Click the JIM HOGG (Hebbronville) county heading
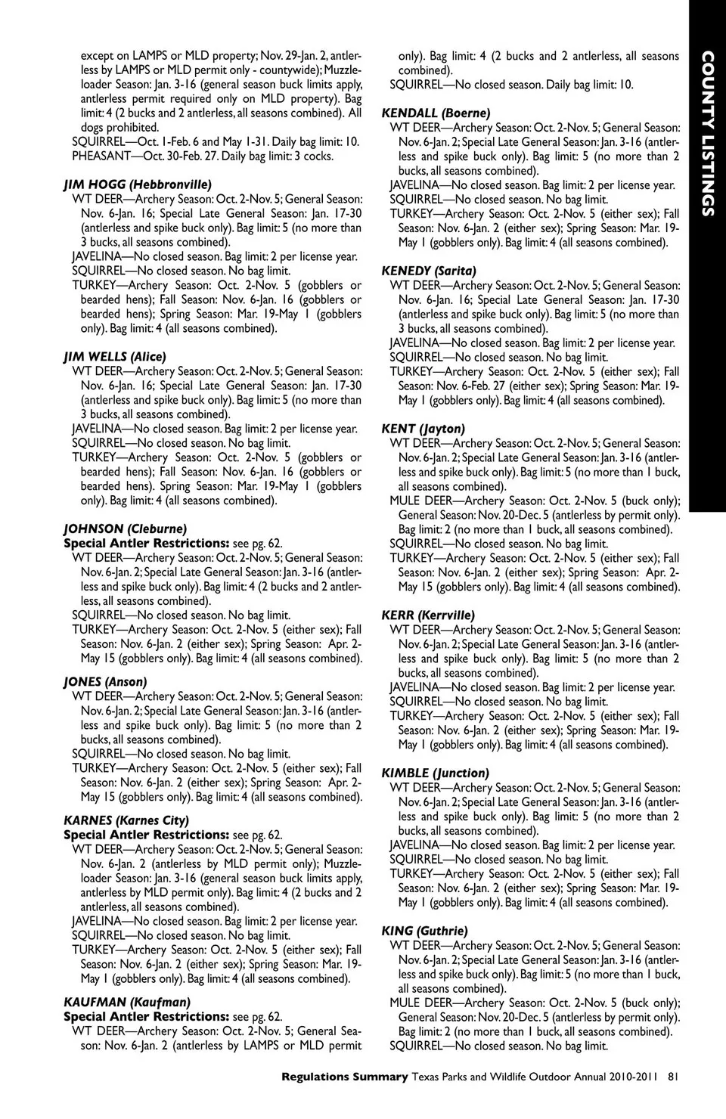click(137, 184)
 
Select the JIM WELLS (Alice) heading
click(114, 357)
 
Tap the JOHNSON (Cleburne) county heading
click(125, 529)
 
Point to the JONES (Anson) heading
click(105, 682)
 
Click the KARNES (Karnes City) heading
click(126, 820)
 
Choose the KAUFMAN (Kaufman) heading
click(116, 1003)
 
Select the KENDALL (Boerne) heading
click(436, 113)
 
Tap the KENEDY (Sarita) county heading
click(429, 271)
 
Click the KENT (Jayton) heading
click(423, 429)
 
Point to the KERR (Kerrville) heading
click(428, 615)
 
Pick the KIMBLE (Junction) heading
click(435, 773)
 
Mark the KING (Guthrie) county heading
click(424, 931)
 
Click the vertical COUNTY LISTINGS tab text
click(707, 134)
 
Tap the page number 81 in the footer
click(672, 1077)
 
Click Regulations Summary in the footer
click(344, 1077)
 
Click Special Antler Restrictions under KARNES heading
click(146, 835)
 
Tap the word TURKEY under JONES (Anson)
click(94, 768)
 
